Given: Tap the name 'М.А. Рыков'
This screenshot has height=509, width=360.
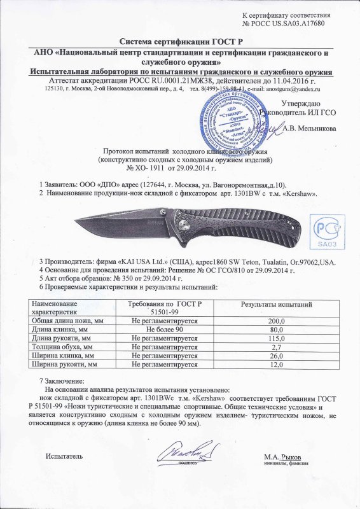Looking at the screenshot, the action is pyautogui.click(x=282, y=457).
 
